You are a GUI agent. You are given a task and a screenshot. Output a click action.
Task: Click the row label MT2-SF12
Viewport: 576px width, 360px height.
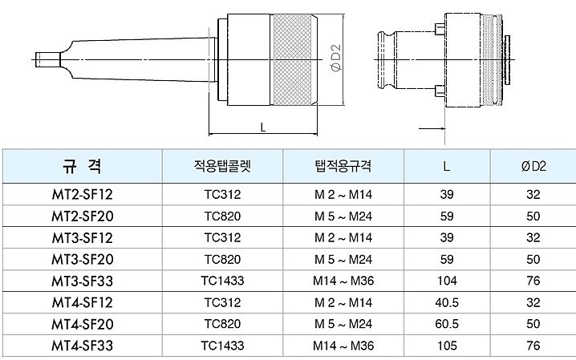pyautogui.click(x=82, y=195)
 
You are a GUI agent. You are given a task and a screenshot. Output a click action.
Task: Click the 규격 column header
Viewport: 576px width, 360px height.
pyautogui.click(x=82, y=166)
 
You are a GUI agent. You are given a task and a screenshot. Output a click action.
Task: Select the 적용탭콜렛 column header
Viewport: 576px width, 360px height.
pyautogui.click(x=222, y=166)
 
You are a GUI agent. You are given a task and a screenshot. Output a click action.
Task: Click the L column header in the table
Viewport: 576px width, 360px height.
pyautogui.click(x=446, y=166)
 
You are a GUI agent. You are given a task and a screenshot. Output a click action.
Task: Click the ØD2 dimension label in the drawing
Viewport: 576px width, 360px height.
pyautogui.click(x=336, y=61)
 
